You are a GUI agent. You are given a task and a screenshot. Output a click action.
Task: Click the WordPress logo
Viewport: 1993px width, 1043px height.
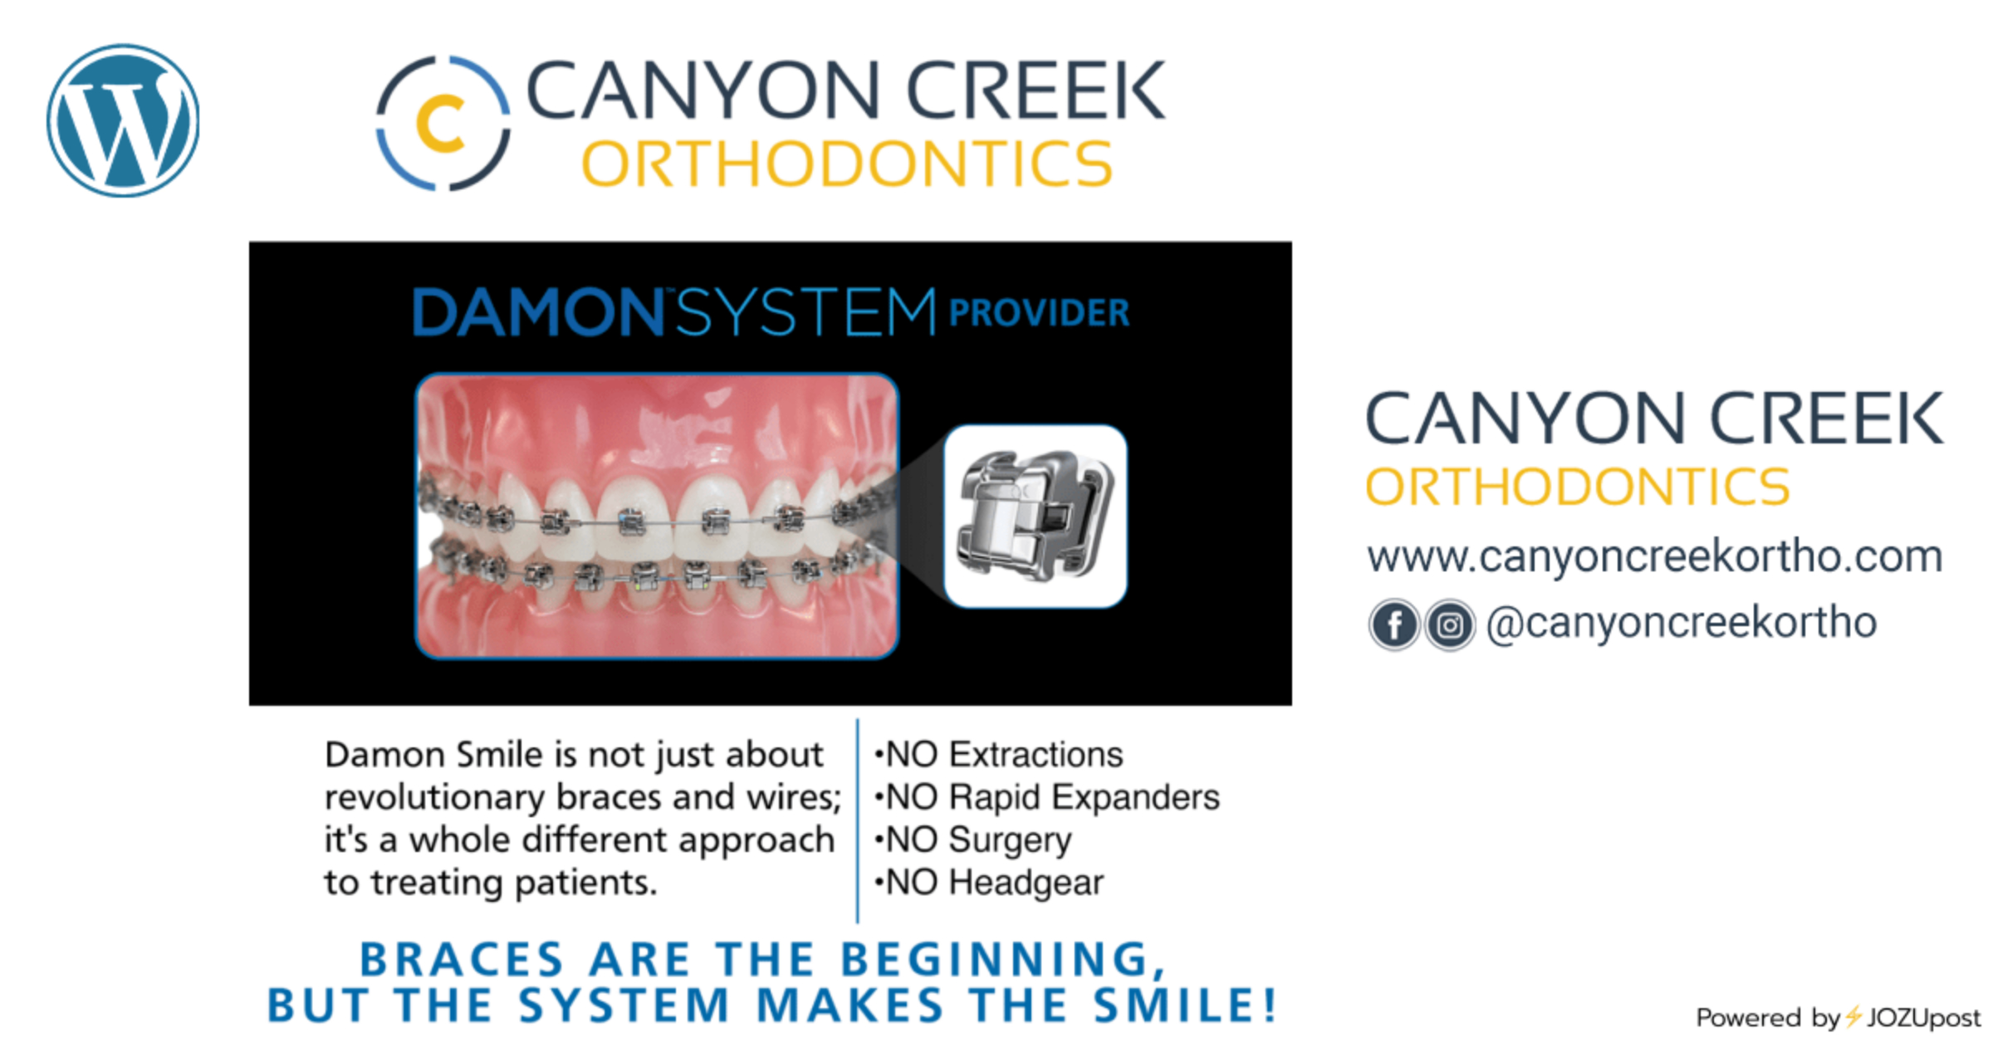(123, 120)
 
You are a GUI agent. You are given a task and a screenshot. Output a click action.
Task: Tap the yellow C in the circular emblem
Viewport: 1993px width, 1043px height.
(439, 124)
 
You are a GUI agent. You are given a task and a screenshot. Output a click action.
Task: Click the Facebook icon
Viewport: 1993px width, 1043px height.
(1394, 624)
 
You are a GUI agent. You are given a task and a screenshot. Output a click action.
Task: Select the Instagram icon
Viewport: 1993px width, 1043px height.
(1450, 624)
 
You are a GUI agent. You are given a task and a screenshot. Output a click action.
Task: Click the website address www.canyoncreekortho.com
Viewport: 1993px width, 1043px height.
(1655, 556)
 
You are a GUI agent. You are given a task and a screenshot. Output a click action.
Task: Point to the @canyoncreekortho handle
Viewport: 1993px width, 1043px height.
(1681, 623)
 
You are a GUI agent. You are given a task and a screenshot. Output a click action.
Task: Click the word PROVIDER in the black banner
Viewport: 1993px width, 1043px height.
(1039, 313)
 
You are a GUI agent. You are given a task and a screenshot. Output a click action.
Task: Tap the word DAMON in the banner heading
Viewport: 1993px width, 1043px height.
(538, 312)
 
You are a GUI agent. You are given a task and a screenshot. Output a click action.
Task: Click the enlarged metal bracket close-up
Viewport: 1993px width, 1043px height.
(1036, 516)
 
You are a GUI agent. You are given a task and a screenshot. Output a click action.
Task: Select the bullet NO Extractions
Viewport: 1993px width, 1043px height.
(998, 755)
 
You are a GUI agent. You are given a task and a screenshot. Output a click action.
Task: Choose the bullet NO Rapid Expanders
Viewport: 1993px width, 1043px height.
(1046, 797)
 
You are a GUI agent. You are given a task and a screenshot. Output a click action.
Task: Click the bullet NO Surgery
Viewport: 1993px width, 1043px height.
(972, 840)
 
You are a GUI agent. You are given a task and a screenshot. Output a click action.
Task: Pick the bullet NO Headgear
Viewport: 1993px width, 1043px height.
(988, 883)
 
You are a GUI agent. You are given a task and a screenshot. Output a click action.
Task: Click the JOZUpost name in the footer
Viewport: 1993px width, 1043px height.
(1923, 1018)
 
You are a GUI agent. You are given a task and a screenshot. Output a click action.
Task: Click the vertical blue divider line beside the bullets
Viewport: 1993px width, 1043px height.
(857, 820)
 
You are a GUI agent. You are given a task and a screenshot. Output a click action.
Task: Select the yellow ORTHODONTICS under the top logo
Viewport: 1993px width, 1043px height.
(847, 164)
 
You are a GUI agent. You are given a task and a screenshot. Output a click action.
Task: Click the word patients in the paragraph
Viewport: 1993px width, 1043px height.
(585, 883)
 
